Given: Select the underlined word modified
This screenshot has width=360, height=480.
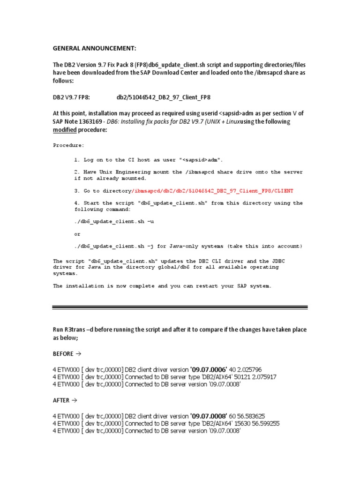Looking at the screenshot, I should click(x=64, y=130).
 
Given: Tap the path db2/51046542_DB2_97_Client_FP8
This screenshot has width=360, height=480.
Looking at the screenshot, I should click(x=163, y=97).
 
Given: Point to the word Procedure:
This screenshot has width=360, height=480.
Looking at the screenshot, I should click(x=69, y=145).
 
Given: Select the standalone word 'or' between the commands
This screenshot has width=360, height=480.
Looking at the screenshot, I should click(x=77, y=234).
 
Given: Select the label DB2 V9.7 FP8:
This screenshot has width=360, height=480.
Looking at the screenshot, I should click(x=71, y=97).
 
